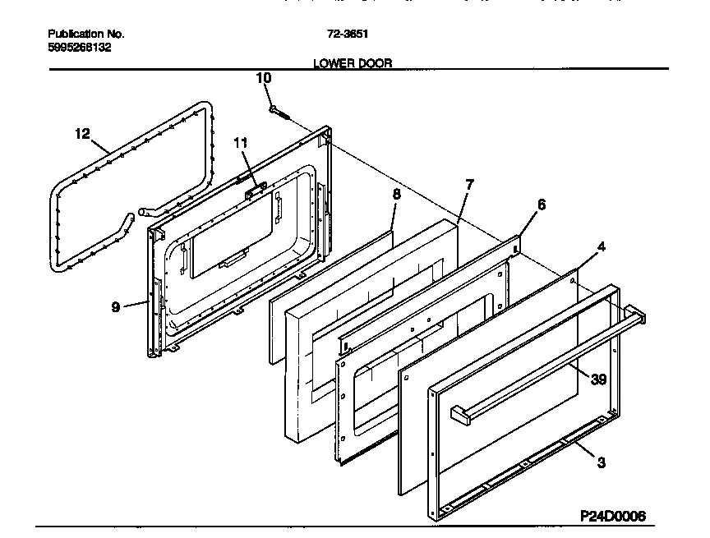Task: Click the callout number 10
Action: click(x=263, y=78)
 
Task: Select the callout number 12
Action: click(x=82, y=133)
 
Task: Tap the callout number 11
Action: click(x=239, y=142)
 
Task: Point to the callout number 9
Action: click(x=116, y=306)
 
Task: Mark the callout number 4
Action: click(x=602, y=246)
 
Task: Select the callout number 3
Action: click(x=602, y=462)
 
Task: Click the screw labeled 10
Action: click(x=278, y=111)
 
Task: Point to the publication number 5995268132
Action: click(x=80, y=48)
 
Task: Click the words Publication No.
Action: click(x=86, y=34)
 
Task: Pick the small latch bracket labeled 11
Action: click(x=254, y=188)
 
